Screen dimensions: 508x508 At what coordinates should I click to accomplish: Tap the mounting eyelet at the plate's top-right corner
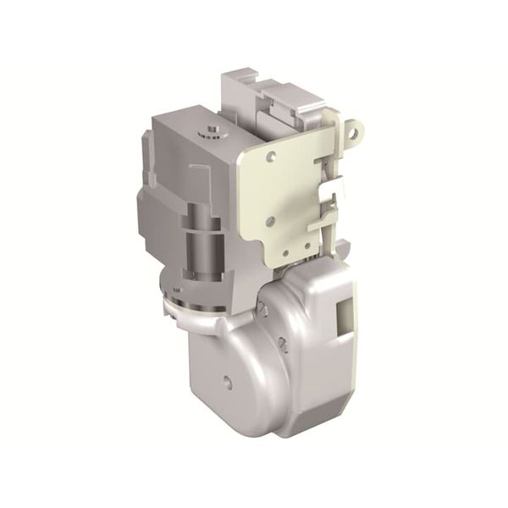click(356, 130)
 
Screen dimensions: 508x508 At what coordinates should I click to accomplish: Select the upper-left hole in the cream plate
click(271, 157)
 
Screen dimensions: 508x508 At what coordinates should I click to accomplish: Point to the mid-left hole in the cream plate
click(269, 221)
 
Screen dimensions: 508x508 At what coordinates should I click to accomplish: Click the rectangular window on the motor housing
click(345, 315)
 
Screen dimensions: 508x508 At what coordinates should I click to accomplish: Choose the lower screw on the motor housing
click(283, 345)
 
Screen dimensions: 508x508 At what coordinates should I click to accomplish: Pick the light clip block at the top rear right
click(301, 102)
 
